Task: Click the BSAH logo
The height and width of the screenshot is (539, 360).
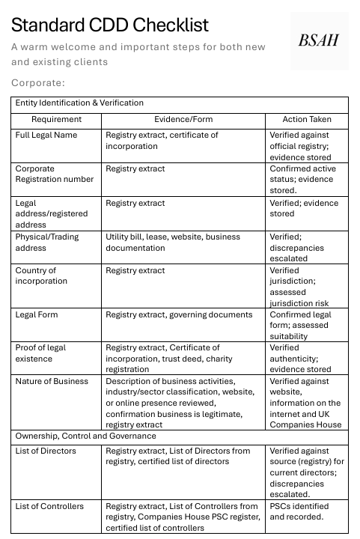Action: (319, 40)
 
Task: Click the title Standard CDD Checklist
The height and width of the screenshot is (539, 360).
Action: (110, 25)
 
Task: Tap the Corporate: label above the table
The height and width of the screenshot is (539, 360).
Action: (38, 82)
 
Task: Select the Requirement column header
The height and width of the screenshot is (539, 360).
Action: (57, 119)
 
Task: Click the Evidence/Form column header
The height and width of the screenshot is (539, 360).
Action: (183, 119)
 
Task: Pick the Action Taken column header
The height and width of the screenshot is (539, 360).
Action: (306, 119)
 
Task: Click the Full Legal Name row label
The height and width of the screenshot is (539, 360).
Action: (46, 135)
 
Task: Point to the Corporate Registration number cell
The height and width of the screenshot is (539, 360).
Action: (54, 174)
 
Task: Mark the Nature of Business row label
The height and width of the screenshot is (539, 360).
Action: (52, 382)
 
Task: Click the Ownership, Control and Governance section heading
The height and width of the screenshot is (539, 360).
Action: (86, 436)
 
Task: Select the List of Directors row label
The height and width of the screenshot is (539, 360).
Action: (46, 451)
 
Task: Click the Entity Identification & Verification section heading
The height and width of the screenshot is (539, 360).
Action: (79, 103)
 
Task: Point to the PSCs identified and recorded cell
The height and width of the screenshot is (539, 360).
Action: (299, 512)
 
